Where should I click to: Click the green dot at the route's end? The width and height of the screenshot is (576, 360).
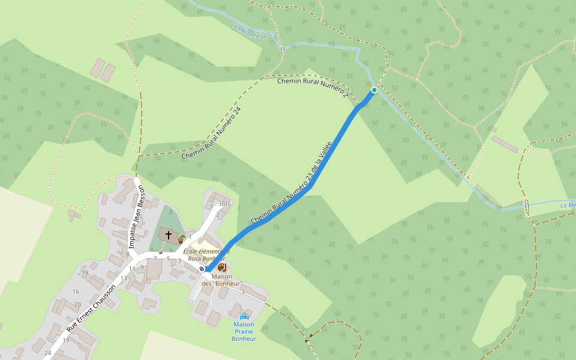click(x=374, y=90)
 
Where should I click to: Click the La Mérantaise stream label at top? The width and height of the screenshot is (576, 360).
click(x=248, y=31)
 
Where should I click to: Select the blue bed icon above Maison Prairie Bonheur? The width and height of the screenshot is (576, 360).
click(x=244, y=316)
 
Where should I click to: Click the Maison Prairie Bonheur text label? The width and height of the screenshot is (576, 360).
click(x=244, y=331)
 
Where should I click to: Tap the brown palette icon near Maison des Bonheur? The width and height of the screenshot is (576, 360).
click(x=222, y=266)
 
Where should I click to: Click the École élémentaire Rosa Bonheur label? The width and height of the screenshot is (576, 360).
click(x=207, y=255)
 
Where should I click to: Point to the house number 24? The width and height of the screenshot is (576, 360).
click(x=47, y=353)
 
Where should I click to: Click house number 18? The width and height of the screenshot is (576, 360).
click(x=85, y=273)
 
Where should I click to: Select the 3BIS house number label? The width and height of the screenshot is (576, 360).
click(x=224, y=203)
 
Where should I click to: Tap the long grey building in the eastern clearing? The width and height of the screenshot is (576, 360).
click(x=505, y=144)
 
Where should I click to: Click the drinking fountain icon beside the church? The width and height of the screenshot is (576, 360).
click(x=181, y=239)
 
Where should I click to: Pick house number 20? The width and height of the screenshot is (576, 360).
click(x=77, y=305)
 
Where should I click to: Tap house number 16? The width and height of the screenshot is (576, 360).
click(x=76, y=292)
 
